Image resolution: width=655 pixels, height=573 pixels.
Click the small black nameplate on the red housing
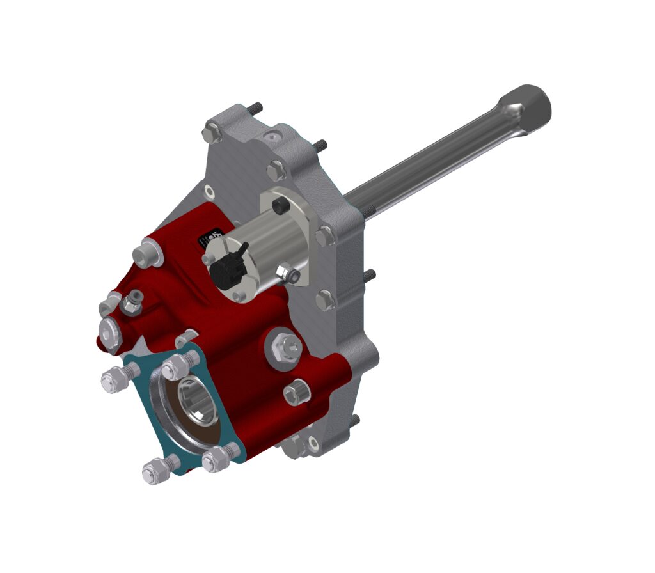[211, 237]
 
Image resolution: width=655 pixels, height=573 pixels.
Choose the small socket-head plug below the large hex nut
[296, 392]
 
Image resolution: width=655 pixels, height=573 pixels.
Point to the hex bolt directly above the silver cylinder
[276, 170]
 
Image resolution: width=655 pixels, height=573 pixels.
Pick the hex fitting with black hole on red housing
[132, 301]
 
